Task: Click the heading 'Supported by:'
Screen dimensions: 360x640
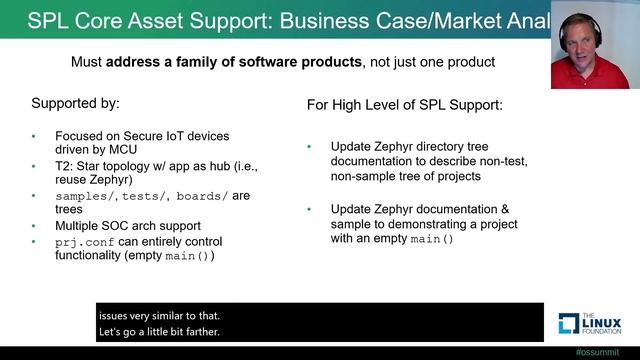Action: [x=75, y=103]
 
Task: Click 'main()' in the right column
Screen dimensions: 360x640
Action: [x=432, y=240]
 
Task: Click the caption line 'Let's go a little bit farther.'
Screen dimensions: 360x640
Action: [x=159, y=331]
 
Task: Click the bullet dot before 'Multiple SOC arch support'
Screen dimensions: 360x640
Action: [x=33, y=226]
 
